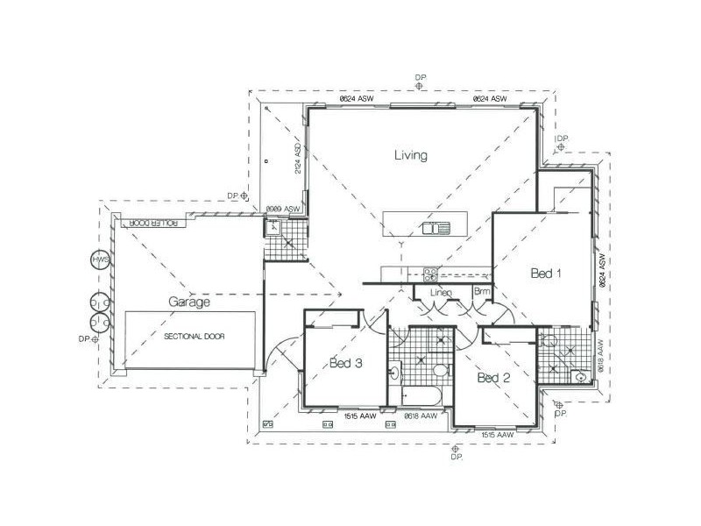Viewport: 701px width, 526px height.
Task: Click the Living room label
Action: click(410, 156)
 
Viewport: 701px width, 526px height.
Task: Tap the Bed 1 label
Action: click(546, 274)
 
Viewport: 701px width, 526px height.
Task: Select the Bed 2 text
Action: click(493, 378)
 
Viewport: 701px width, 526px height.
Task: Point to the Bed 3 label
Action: click(346, 364)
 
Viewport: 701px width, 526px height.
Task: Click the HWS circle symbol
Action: click(99, 260)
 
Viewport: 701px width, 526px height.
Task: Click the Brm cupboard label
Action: click(482, 290)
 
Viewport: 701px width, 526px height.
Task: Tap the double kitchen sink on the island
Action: click(435, 230)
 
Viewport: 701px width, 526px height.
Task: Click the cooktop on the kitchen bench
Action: click(430, 272)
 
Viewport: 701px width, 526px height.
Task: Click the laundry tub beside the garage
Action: click(273, 227)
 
